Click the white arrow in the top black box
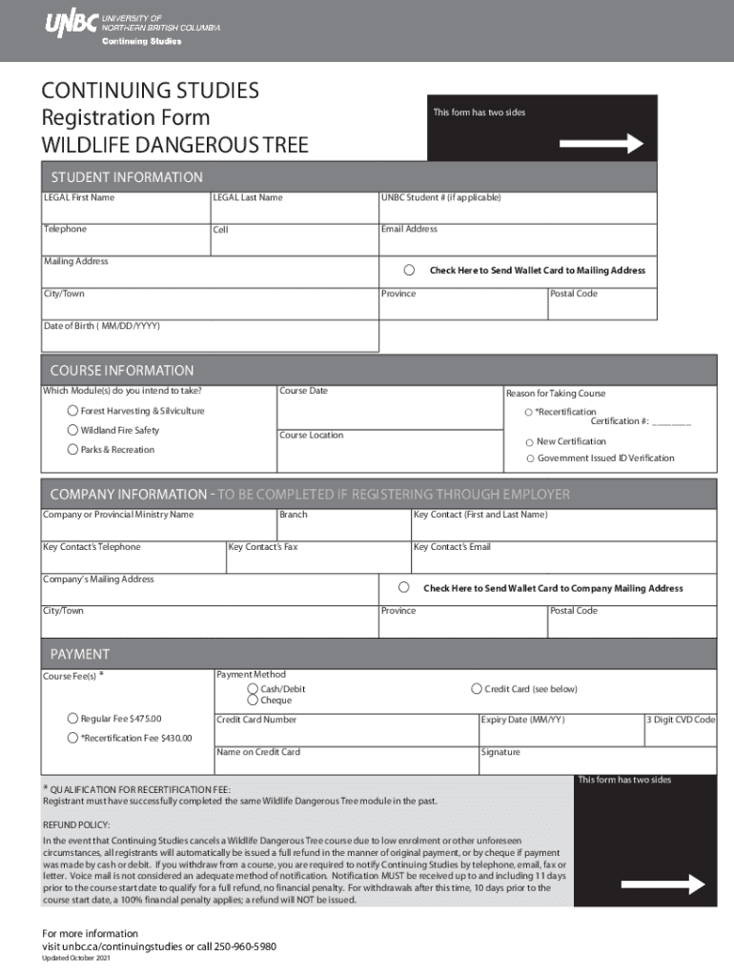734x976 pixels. click(601, 144)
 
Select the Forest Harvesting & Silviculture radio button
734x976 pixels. click(72, 411)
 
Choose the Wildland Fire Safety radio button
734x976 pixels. click(72, 430)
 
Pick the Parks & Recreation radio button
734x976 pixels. click(72, 449)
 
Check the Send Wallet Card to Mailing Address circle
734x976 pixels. click(409, 270)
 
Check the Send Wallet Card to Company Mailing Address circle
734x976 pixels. click(404, 587)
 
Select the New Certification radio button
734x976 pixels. click(529, 442)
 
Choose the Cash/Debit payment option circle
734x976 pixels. click(253, 688)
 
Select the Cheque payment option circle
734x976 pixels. click(253, 701)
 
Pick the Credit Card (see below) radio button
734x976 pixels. click(477, 688)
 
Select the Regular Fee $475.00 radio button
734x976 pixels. click(72, 719)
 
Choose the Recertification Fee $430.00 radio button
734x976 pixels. click(72, 738)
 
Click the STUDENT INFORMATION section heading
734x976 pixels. click(126, 177)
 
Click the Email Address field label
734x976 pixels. click(409, 229)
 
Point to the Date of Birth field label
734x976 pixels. click(102, 326)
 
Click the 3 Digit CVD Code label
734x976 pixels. click(681, 720)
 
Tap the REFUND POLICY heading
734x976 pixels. click(77, 823)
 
